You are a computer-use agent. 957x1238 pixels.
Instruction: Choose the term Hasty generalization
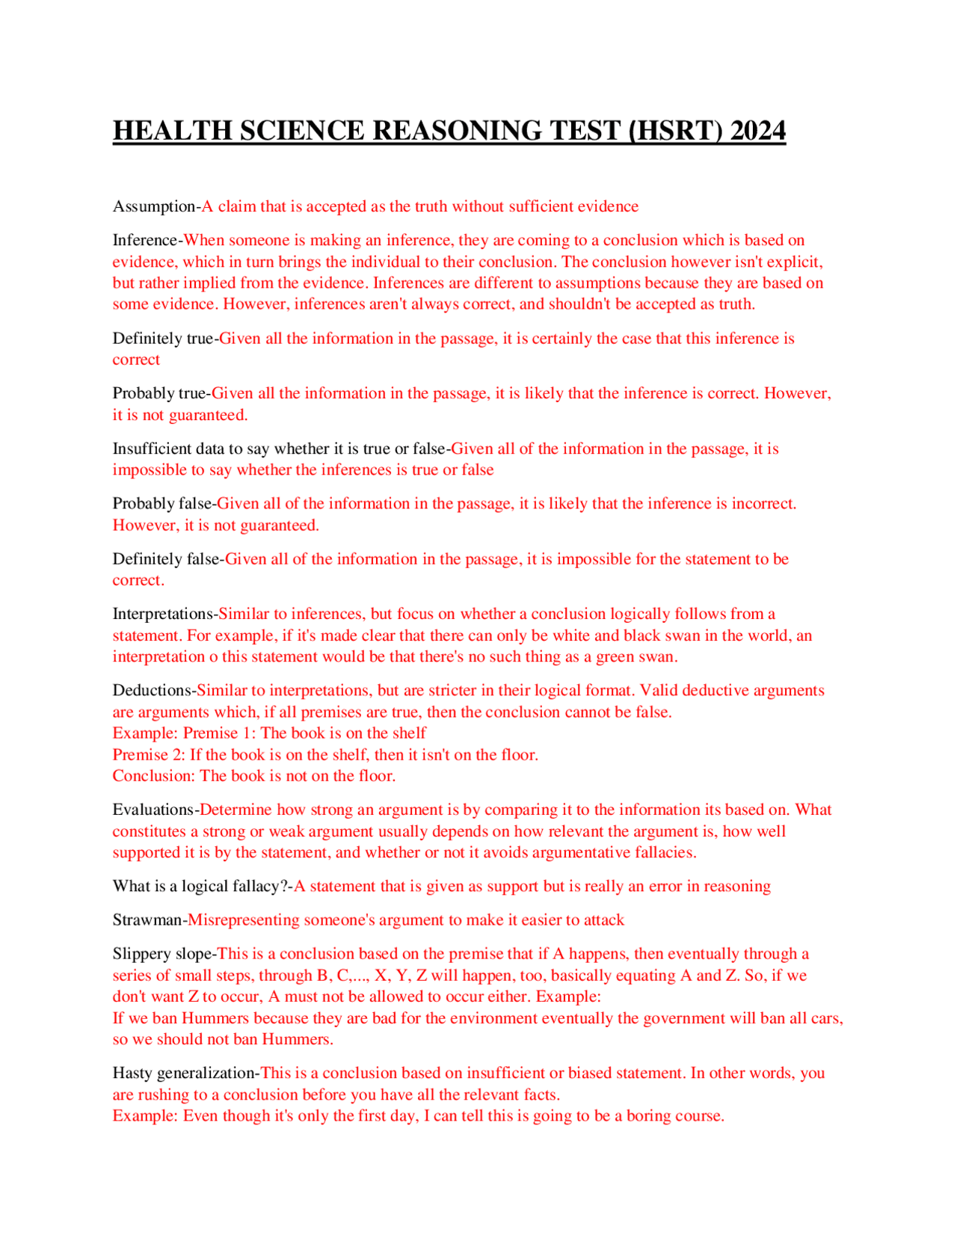185,1073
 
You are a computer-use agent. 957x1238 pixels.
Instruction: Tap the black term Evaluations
153,810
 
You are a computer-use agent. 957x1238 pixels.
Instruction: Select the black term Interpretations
163,614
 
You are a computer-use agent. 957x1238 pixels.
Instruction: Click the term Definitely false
166,559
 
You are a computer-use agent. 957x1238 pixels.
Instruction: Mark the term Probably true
159,393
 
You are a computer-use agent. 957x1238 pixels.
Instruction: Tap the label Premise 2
149,755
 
